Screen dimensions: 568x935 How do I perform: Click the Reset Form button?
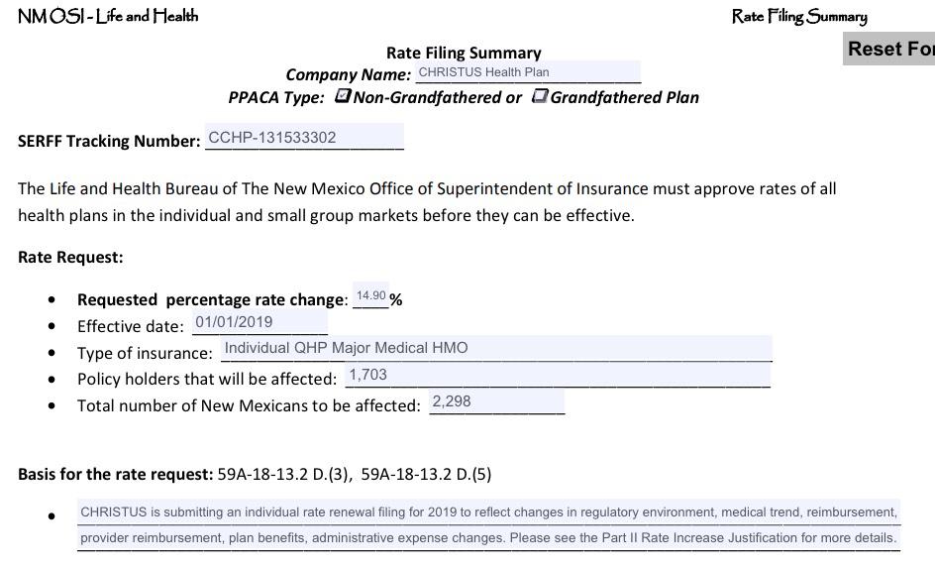point(889,49)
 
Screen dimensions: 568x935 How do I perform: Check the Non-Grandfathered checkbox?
point(343,96)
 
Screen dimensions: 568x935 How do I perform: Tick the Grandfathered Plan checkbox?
point(540,96)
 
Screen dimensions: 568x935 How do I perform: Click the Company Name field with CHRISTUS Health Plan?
point(527,72)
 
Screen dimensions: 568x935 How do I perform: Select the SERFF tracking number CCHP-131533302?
point(304,138)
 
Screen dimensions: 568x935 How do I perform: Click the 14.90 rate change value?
point(371,296)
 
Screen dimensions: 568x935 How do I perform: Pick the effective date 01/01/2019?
point(260,322)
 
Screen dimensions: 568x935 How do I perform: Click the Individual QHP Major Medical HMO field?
point(495,348)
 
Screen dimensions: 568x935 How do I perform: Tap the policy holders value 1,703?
point(557,375)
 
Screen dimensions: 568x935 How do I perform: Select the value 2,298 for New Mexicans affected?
point(496,401)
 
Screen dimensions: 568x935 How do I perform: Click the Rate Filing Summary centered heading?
point(464,53)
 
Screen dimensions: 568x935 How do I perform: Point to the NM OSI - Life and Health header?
point(108,16)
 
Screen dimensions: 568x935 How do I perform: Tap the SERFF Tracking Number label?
point(109,141)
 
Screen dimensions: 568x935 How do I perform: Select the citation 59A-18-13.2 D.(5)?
point(426,474)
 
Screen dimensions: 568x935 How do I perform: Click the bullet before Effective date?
point(52,326)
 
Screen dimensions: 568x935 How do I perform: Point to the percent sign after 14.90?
point(396,299)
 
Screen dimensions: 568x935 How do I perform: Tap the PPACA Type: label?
point(276,97)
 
